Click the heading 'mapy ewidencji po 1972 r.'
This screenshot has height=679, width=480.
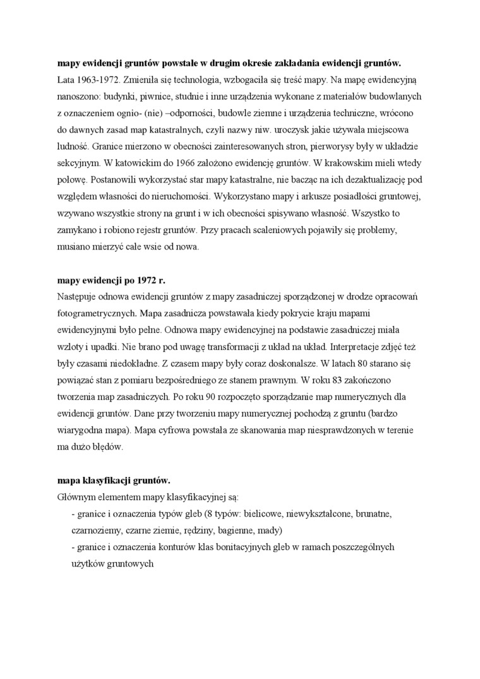coord(111,280)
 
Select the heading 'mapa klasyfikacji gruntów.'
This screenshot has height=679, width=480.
coord(114,479)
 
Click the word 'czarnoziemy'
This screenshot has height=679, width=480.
coord(97,529)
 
